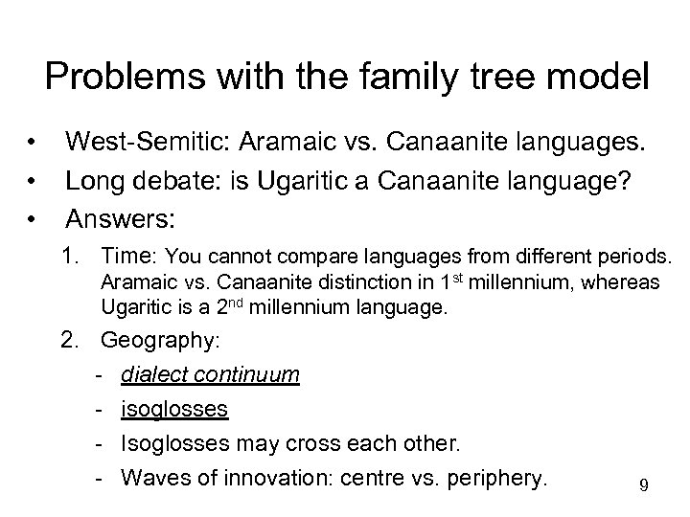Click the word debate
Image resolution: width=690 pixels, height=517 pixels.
pos(189,181)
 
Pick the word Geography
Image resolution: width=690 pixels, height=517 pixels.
pos(157,340)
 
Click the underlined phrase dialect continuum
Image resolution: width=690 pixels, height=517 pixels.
pos(210,375)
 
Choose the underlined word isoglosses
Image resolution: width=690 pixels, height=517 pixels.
pos(174,410)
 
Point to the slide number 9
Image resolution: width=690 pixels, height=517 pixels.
pos(644,485)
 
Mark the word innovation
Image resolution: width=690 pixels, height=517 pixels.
pos(267,477)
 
